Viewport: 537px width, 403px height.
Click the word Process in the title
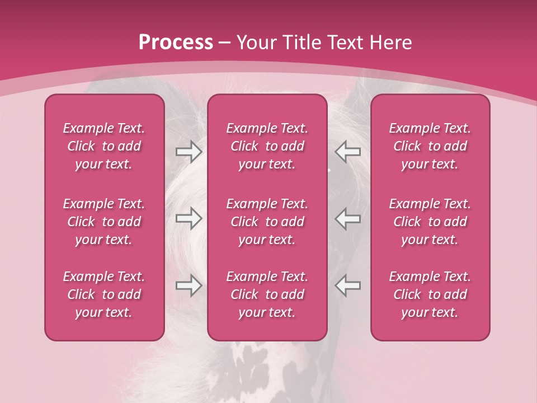coord(176,43)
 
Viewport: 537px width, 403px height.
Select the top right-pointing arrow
coord(189,152)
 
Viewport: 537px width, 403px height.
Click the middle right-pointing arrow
coord(189,218)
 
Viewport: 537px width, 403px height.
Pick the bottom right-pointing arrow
coord(189,285)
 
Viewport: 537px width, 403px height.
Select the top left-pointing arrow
coord(348,152)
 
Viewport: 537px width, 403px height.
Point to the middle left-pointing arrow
coord(348,218)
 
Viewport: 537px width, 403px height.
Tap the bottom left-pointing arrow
coord(348,285)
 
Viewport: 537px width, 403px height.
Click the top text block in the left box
coord(104,146)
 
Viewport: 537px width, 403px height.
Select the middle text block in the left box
coord(104,222)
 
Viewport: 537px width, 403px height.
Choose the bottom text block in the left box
coord(104,294)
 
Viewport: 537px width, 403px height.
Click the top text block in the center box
coord(267,146)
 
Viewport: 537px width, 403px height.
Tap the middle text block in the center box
coord(267,222)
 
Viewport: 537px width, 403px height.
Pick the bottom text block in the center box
coord(267,294)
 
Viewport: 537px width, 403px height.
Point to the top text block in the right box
coord(430,146)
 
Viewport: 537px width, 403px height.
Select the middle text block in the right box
coord(430,222)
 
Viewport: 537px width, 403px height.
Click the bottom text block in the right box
coord(430,294)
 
